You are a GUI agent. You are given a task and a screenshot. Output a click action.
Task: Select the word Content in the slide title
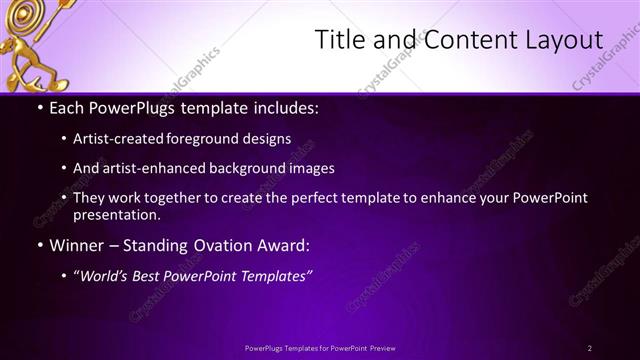coord(459,40)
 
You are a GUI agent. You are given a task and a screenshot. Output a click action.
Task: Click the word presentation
coord(115,215)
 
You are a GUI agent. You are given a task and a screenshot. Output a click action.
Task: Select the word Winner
coord(77,245)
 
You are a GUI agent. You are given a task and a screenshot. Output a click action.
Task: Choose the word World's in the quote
coord(107,276)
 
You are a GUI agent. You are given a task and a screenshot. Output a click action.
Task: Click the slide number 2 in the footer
coord(589,348)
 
